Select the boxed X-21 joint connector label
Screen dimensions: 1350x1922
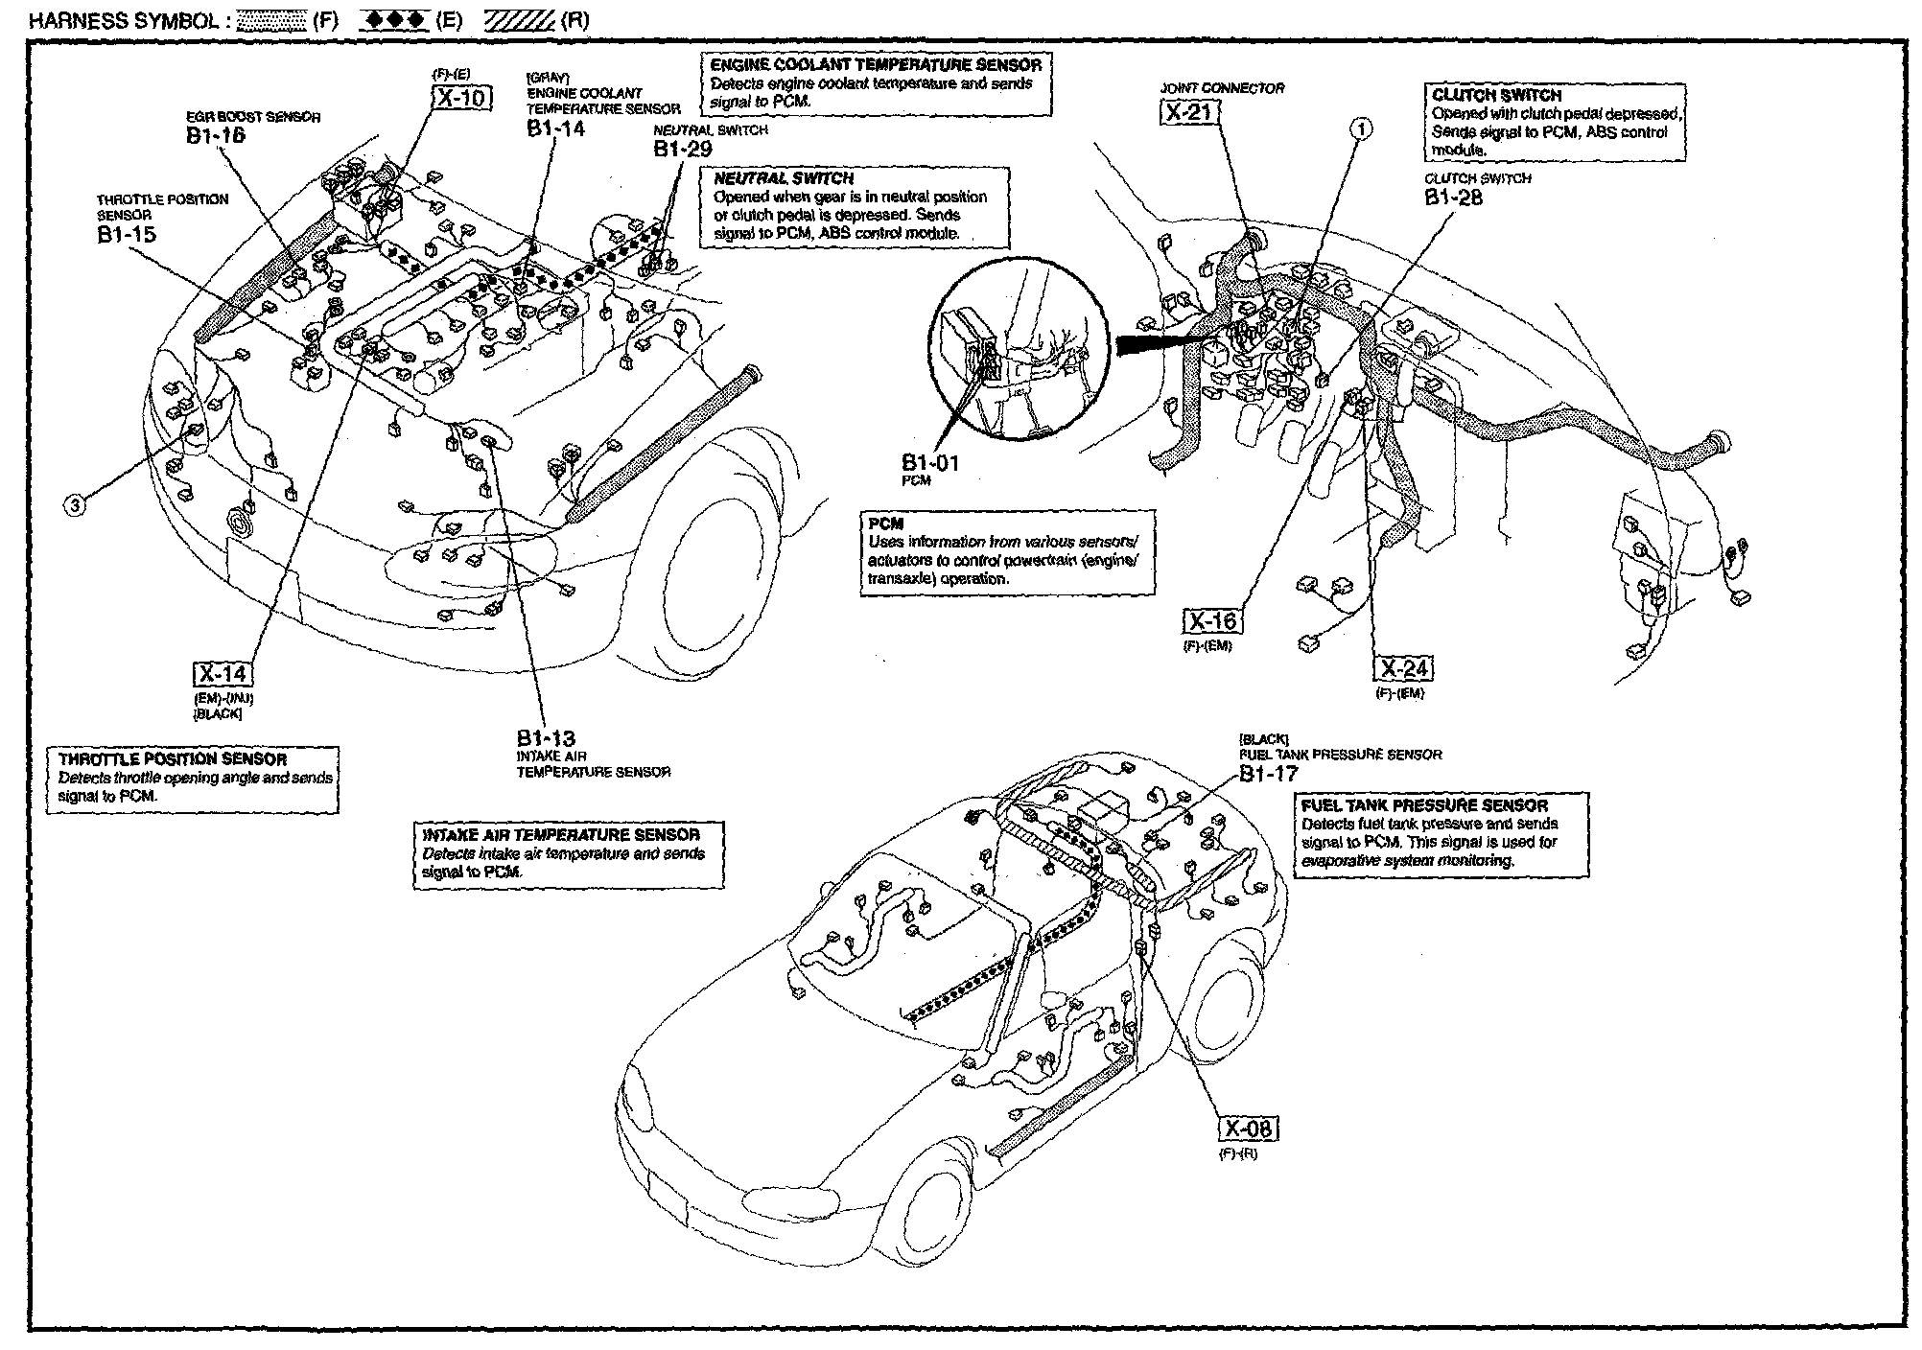click(x=1189, y=113)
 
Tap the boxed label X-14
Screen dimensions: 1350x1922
click(x=222, y=674)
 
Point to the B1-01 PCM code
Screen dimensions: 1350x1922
click(x=929, y=463)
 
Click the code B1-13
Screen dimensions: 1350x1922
click(x=546, y=738)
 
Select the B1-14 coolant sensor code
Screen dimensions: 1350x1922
click(x=555, y=128)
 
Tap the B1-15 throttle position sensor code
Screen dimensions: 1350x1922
click(x=126, y=234)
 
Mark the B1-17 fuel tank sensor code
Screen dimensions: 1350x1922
click(x=1268, y=774)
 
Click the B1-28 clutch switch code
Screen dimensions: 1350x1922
click(x=1453, y=198)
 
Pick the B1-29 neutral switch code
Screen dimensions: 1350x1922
click(x=683, y=149)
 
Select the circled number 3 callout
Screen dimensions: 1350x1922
click(x=75, y=503)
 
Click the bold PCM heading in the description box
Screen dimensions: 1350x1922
click(x=885, y=524)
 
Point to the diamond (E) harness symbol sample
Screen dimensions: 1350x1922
click(x=395, y=21)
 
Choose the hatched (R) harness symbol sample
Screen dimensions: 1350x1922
click(x=519, y=21)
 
